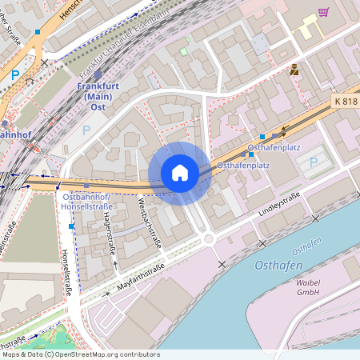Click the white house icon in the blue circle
click(180, 173)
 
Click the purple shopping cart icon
click(323, 12)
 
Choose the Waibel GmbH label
click(308, 287)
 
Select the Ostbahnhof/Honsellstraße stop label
click(87, 201)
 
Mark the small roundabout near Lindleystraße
click(208, 238)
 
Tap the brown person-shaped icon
click(294, 70)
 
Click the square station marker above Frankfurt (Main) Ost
click(98, 74)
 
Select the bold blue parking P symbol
click(16, 75)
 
